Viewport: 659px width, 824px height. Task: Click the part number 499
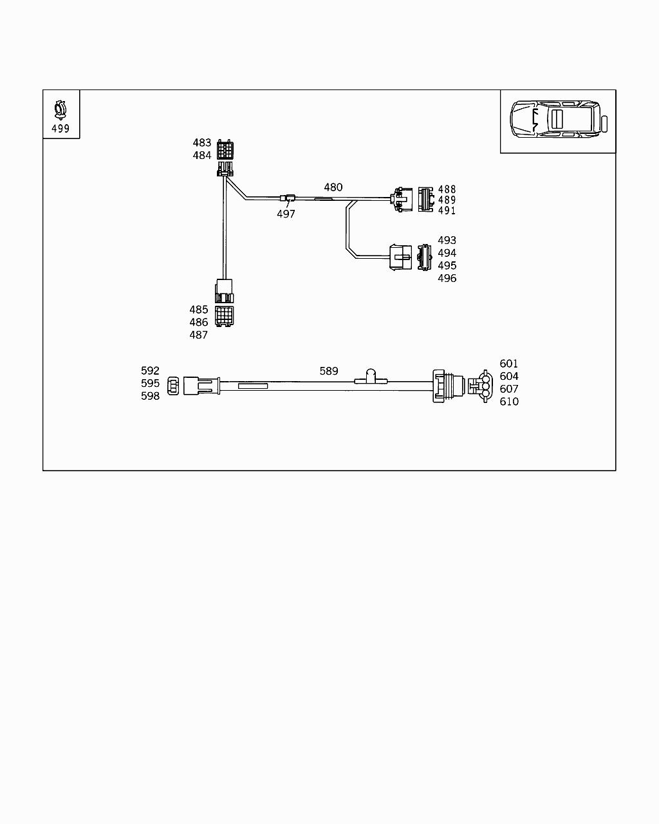[60, 129]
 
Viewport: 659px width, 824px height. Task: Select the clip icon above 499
[60, 109]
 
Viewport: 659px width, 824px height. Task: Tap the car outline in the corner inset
[557, 118]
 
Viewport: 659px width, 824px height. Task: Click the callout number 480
[333, 187]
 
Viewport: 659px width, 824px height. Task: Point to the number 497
[286, 214]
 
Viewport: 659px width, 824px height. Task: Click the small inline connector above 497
[288, 198]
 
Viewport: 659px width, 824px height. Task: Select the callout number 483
[202, 143]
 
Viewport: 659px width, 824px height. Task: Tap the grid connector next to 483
[225, 149]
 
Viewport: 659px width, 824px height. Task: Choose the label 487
[199, 335]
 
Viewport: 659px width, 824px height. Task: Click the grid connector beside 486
[225, 315]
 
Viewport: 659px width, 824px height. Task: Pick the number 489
[447, 200]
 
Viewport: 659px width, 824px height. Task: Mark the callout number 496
[447, 278]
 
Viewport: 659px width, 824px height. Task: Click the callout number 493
[447, 241]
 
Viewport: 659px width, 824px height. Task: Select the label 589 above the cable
[329, 371]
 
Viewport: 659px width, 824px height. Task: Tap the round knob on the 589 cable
[371, 374]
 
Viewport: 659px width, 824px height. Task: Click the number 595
[151, 383]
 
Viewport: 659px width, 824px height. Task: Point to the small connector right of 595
[173, 386]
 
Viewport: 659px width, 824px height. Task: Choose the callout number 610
[509, 402]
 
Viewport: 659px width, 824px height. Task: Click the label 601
[509, 364]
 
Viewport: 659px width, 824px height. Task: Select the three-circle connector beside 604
[484, 386]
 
